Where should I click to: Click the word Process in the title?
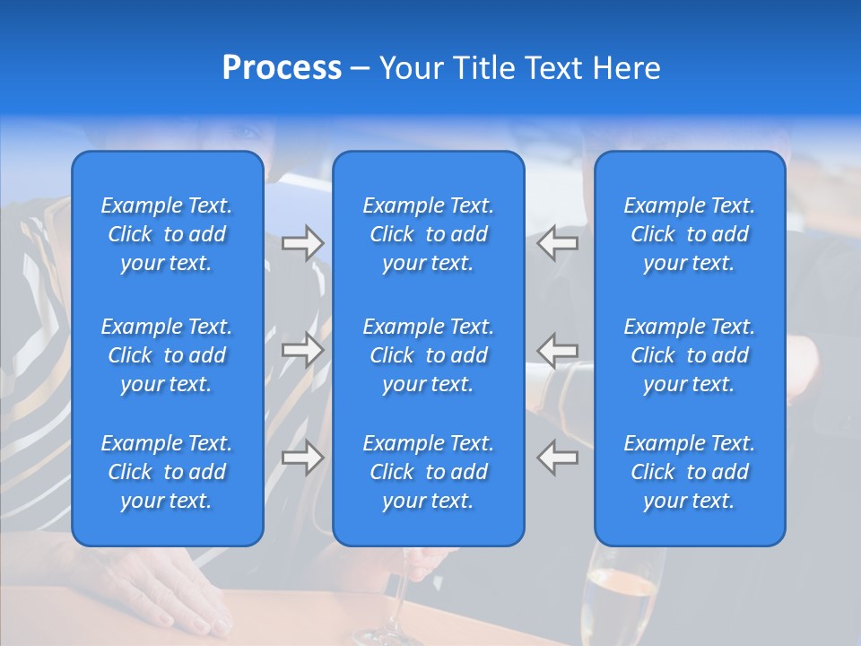[282, 68]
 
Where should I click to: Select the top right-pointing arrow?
[302, 243]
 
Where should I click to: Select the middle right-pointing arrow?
[302, 350]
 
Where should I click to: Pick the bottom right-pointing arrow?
[302, 458]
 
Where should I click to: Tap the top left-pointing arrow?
[558, 243]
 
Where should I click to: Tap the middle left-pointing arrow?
[558, 350]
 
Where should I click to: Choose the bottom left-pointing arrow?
[558, 458]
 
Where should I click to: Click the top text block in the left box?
[167, 234]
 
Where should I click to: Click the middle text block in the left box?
[167, 355]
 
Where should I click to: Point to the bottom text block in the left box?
[167, 472]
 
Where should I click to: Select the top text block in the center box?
[429, 234]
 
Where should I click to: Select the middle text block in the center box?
[429, 355]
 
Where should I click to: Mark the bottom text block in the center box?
[429, 472]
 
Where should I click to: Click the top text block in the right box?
[690, 234]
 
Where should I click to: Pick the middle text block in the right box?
[690, 355]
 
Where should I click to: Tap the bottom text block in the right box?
[690, 472]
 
